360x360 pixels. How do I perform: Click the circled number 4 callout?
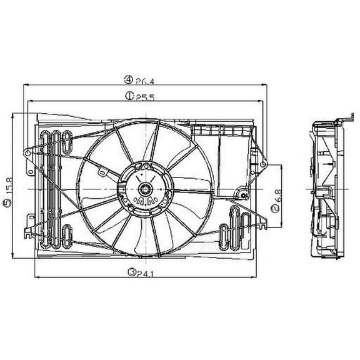coord(128,79)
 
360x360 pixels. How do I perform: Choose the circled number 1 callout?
coord(128,96)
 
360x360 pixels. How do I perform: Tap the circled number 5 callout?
coord(7,202)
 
